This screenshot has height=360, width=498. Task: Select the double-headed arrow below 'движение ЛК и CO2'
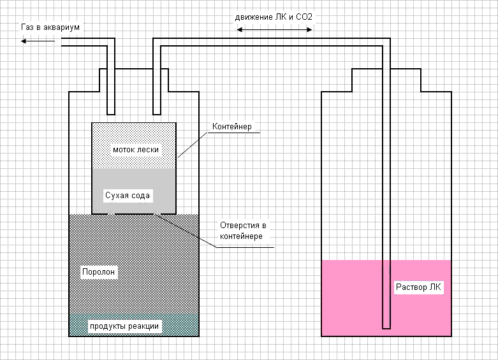click(x=274, y=29)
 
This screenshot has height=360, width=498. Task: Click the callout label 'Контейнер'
click(x=231, y=127)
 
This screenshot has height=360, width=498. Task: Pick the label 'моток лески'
click(x=135, y=150)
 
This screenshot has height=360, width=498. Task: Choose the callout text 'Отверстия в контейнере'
click(x=242, y=231)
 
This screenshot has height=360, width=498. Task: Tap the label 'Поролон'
click(x=99, y=271)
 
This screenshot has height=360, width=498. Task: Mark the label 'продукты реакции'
click(x=124, y=326)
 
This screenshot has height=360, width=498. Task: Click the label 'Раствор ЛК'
click(x=418, y=287)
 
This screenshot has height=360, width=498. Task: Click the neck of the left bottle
click(x=133, y=80)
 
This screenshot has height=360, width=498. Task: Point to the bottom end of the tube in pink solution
click(x=386, y=326)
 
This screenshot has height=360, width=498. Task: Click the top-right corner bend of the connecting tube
click(x=386, y=42)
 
